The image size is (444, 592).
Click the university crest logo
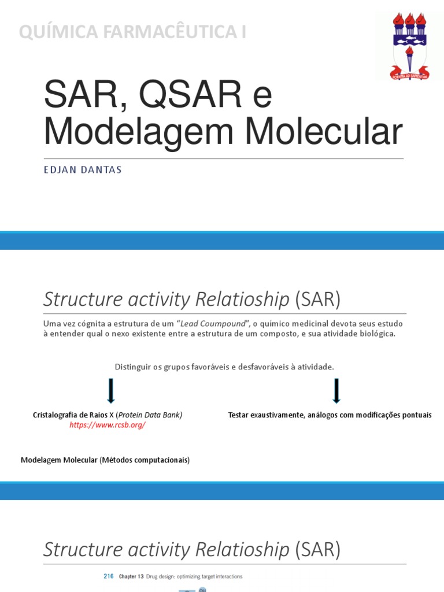click(x=410, y=46)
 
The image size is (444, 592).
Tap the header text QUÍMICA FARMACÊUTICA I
click(x=132, y=32)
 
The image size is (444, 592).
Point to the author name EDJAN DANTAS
click(x=83, y=171)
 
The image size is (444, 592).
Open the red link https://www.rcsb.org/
click(x=108, y=425)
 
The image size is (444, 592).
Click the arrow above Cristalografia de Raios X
click(x=111, y=391)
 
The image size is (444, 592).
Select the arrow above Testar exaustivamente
click(x=336, y=391)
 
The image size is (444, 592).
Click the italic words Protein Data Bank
click(x=150, y=415)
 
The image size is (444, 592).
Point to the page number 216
click(x=109, y=576)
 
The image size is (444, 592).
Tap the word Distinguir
click(x=132, y=367)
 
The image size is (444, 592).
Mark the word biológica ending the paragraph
click(x=377, y=335)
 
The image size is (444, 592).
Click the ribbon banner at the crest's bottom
click(x=410, y=74)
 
